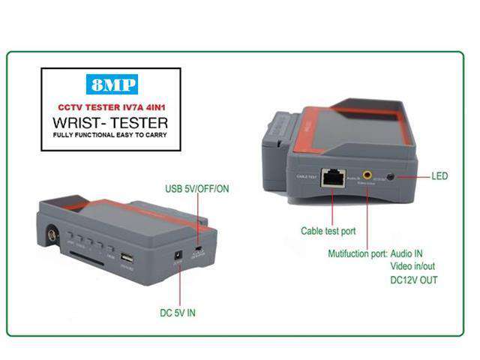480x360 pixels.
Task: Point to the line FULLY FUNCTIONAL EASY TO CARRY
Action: [x=109, y=135]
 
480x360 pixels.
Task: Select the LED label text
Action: [x=440, y=176]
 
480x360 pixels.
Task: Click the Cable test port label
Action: [x=328, y=232]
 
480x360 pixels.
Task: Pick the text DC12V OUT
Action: [x=414, y=280]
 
